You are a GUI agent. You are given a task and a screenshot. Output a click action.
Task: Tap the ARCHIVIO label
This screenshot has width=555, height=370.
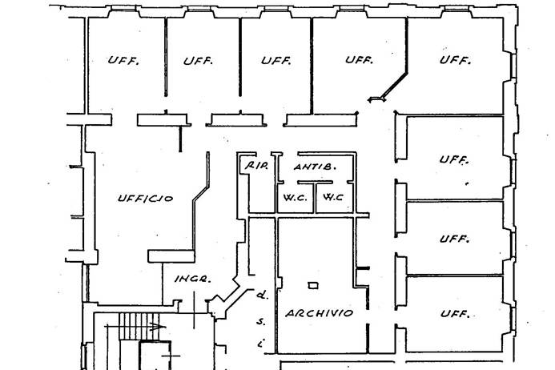pos(320,313)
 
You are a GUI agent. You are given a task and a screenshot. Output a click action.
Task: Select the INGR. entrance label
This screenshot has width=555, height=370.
pos(192,279)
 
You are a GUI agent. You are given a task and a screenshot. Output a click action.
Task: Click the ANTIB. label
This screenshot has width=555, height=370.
pos(314,167)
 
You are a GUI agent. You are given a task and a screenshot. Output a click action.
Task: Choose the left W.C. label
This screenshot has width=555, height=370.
pos(290,197)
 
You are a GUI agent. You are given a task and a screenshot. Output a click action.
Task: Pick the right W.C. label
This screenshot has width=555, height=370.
pos(333,197)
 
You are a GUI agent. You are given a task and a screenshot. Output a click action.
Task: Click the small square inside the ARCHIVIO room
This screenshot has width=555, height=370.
pos(312,285)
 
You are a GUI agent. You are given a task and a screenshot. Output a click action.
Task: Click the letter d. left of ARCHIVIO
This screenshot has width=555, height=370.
pos(260,294)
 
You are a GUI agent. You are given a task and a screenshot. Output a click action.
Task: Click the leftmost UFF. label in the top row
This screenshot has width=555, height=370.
pos(123,61)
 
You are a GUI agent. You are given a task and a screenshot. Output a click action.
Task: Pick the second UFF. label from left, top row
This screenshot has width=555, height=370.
pos(196,61)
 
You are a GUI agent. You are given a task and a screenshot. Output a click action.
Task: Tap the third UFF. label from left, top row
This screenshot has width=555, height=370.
pos(275,61)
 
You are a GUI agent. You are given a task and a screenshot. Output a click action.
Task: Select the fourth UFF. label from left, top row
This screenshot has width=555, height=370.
pos(360,60)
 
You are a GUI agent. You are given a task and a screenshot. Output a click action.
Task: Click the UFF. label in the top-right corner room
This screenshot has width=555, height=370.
pos(454,60)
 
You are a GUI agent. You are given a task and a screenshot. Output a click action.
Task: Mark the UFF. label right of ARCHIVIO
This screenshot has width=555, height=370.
pos(454,314)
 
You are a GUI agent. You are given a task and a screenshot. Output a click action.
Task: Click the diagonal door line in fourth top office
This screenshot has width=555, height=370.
pos(391,86)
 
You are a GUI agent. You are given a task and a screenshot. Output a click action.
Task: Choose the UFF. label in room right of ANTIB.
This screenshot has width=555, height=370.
pos(454,160)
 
